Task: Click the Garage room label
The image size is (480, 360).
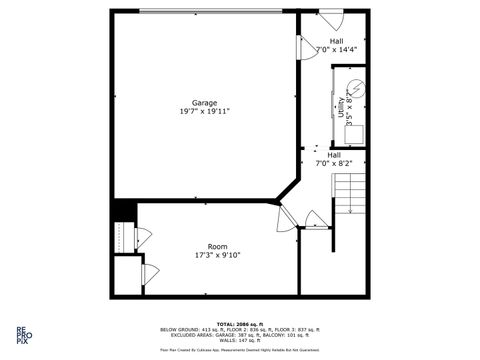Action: pyautogui.click(x=204, y=102)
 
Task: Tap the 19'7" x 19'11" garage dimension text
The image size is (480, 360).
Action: pyautogui.click(x=204, y=111)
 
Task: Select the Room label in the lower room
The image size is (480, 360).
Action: pyautogui.click(x=217, y=246)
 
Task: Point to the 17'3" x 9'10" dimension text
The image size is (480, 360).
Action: pyautogui.click(x=217, y=255)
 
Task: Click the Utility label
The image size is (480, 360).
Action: pyautogui.click(x=341, y=108)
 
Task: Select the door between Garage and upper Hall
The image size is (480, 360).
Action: pyautogui.click(x=303, y=48)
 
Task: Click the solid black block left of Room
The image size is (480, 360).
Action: pyautogui.click(x=123, y=212)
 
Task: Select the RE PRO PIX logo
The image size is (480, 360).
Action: pyautogui.click(x=21, y=334)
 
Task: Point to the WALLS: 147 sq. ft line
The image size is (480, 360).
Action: pyautogui.click(x=240, y=341)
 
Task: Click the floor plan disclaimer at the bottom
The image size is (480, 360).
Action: pyautogui.click(x=240, y=351)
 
